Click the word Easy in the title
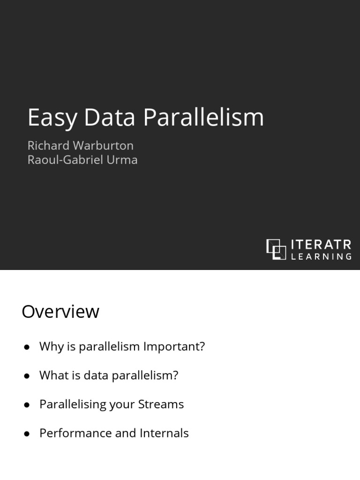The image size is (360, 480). coord(52,117)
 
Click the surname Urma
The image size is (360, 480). coord(123,160)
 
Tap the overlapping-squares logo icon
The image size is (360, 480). coord(276,249)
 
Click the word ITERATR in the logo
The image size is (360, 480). coord(321,245)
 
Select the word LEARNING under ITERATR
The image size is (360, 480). coord(321,256)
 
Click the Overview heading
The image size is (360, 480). coord(60,312)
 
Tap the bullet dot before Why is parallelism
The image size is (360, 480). coord(27,347)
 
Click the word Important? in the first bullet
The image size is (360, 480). coord(174,347)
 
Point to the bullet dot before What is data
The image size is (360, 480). coord(27,376)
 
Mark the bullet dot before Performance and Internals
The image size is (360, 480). coord(27,434)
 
